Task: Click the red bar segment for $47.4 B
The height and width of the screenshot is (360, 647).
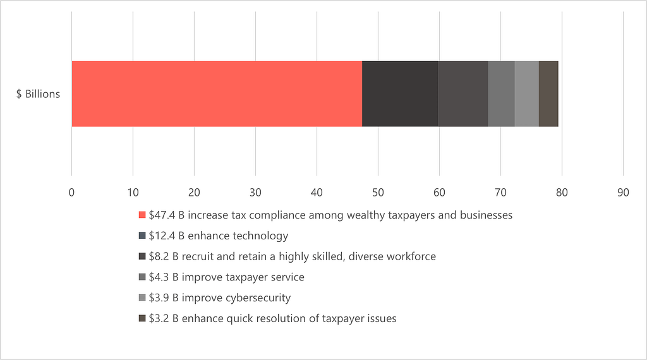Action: pyautogui.click(x=216, y=94)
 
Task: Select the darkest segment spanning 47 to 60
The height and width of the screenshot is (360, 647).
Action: pyautogui.click(x=400, y=94)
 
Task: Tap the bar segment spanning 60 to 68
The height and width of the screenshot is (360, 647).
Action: pyautogui.click(x=463, y=94)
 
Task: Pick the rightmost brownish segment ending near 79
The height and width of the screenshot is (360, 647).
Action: pyautogui.click(x=548, y=94)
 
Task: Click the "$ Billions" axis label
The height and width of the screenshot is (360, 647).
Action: pyautogui.click(x=39, y=94)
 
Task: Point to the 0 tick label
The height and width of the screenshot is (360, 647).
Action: pyautogui.click(x=71, y=192)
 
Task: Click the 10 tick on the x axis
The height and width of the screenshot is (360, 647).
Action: pyautogui.click(x=133, y=192)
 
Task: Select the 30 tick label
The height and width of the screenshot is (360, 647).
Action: pyautogui.click(x=255, y=192)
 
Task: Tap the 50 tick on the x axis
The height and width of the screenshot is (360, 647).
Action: pyautogui.click(x=378, y=192)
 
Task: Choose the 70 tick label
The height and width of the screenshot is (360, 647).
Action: pyautogui.click(x=500, y=192)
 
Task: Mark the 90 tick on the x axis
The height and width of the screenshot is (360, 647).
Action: pyautogui.click(x=623, y=192)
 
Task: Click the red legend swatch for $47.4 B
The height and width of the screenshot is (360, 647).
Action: pyautogui.click(x=142, y=215)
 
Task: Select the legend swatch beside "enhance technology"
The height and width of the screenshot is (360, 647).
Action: pyautogui.click(x=142, y=236)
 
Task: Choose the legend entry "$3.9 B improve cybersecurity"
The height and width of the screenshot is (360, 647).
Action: pyautogui.click(x=220, y=297)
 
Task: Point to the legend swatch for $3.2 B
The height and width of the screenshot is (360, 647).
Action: pyautogui.click(x=142, y=318)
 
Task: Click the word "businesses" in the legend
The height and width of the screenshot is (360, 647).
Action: pyautogui.click(x=487, y=215)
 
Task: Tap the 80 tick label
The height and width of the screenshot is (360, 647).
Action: pyautogui.click(x=562, y=192)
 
